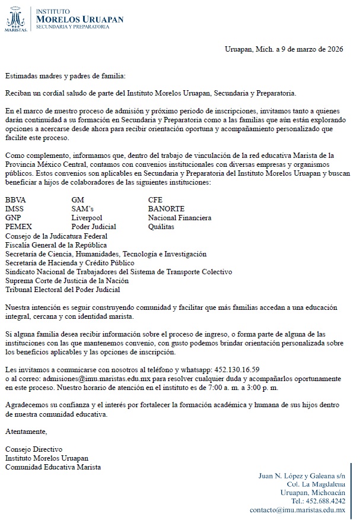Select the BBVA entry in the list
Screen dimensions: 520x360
[x=15, y=200]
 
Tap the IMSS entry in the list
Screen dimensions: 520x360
[x=15, y=209]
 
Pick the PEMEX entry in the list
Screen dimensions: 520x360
[x=18, y=227]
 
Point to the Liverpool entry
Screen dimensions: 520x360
[x=88, y=218]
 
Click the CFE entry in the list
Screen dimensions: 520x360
[x=155, y=200]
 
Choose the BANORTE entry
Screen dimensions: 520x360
[x=167, y=209]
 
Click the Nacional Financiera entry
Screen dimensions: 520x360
[x=180, y=218]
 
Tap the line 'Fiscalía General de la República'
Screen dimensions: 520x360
[x=56, y=245]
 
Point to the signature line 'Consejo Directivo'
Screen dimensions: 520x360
[x=33, y=449]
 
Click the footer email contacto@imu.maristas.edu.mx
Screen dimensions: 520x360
[x=297, y=510]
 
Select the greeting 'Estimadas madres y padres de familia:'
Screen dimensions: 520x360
[x=65, y=76]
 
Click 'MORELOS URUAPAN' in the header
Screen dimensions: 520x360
[x=80, y=19]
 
